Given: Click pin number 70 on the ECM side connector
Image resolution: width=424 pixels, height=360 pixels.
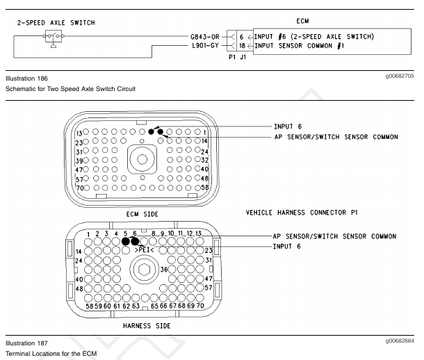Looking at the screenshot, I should [x=81, y=188].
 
